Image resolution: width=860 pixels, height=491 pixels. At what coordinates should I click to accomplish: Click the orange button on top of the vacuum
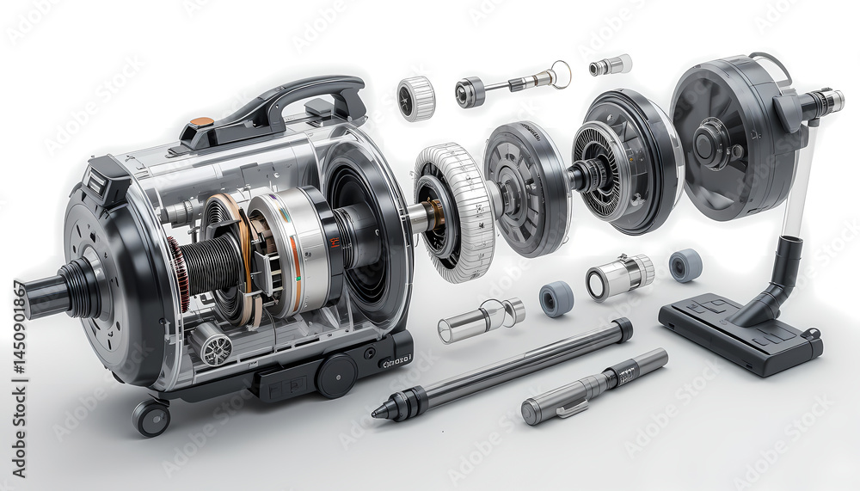[201, 122]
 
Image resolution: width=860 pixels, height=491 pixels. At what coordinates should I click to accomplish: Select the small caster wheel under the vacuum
[151, 418]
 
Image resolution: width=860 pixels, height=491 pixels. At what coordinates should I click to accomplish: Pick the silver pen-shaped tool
[593, 386]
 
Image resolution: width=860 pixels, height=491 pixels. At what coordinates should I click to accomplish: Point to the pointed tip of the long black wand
[378, 413]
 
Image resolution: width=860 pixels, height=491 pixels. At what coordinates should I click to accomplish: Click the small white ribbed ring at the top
[416, 98]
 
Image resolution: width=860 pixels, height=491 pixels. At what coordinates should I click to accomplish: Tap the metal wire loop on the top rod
[561, 74]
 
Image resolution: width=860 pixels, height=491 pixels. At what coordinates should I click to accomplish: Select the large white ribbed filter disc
[453, 211]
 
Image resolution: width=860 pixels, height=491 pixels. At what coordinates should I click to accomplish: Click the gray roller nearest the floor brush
[685, 266]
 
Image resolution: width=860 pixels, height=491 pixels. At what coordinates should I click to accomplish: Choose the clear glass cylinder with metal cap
[480, 319]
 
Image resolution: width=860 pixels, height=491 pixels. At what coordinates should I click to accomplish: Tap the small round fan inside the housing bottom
[215, 349]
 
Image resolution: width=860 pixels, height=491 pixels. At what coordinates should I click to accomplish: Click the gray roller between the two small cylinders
[556, 298]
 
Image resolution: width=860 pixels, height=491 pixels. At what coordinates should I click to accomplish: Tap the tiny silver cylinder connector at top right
[611, 65]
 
